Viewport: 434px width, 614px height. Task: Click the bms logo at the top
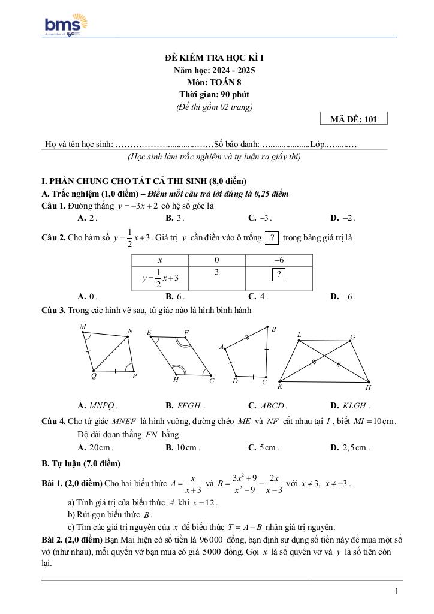tap(66, 25)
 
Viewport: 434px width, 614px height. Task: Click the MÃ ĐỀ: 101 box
tap(354, 119)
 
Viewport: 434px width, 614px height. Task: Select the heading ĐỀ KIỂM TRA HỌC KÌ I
tap(214, 58)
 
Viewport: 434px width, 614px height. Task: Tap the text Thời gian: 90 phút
tap(214, 94)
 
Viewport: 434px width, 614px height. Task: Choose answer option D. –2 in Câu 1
tap(343, 218)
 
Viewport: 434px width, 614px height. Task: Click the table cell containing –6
tap(279, 260)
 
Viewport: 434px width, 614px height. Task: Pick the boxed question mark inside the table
tap(279, 275)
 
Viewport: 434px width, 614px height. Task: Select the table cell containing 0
tap(216, 260)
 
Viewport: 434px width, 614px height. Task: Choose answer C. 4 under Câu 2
tap(258, 296)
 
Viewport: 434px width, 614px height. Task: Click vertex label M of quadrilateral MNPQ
tap(83, 327)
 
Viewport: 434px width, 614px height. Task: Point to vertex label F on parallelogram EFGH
tap(186, 332)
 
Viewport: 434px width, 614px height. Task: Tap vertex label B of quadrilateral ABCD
tap(273, 329)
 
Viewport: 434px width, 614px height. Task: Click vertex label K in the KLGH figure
tap(280, 386)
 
